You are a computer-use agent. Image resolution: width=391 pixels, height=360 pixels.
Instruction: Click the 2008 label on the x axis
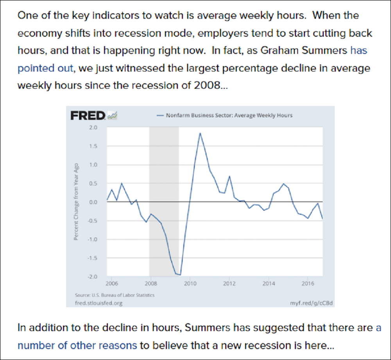point(151,284)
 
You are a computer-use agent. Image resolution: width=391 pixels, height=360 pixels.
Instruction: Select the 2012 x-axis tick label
point(229,284)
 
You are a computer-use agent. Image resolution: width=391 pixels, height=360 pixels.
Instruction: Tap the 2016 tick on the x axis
point(307,284)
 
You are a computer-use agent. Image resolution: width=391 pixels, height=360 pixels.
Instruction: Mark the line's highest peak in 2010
point(200,133)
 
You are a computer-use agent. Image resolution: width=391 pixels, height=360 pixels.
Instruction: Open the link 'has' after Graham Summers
point(359,50)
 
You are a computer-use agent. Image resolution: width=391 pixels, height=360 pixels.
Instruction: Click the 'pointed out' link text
point(45,68)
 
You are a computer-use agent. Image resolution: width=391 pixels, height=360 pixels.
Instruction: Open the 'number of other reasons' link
point(77,345)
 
